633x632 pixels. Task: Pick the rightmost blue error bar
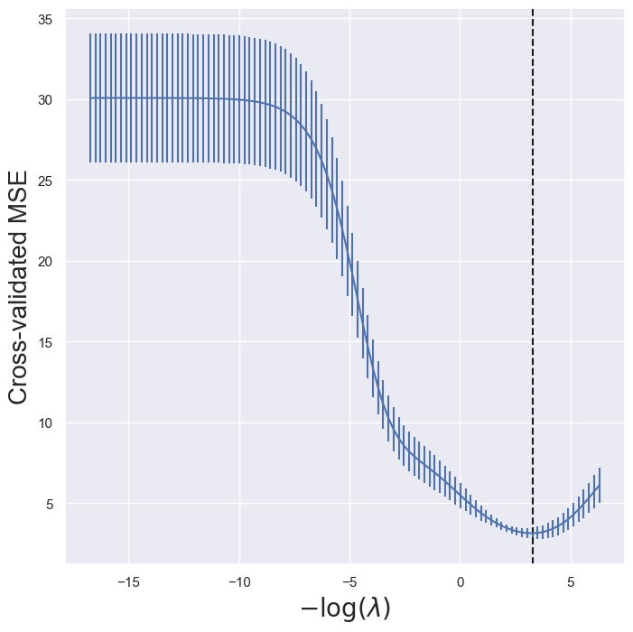point(600,486)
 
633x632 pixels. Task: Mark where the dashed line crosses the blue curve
point(533,533)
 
